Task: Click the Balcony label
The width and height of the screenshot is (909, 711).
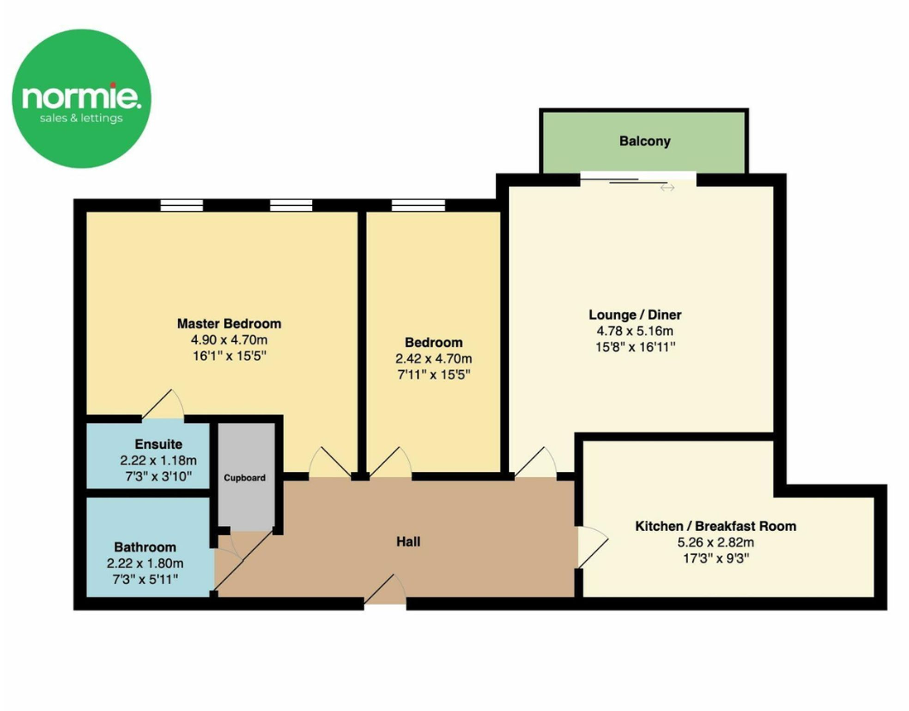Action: (644, 141)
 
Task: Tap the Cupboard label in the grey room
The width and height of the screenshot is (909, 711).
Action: (244, 478)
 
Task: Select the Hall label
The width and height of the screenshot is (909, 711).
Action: (408, 541)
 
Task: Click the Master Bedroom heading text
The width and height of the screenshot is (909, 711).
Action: (229, 323)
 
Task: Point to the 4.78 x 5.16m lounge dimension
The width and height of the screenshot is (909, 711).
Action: (635, 331)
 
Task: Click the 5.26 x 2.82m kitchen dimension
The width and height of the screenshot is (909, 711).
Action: (715, 542)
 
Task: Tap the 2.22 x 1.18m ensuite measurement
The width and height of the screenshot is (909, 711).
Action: (158, 460)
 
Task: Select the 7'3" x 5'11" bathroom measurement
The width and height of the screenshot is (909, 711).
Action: (145, 579)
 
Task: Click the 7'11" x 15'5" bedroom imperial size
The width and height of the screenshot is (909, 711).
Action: (433, 374)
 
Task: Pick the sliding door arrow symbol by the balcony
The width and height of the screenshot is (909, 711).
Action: (667, 188)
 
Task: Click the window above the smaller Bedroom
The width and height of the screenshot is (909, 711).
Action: (418, 205)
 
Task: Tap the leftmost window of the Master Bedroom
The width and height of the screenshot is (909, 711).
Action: (182, 205)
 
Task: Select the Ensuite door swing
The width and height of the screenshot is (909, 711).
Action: (163, 406)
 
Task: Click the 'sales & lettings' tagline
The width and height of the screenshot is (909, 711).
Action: (81, 118)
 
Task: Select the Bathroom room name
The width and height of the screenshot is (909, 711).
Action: (145, 547)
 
